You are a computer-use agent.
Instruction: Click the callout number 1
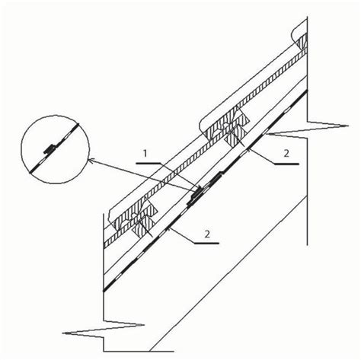click(145, 154)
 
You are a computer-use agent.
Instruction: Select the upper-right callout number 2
click(286, 154)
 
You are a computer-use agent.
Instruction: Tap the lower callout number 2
click(207, 234)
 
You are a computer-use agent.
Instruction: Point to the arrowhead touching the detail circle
click(90, 159)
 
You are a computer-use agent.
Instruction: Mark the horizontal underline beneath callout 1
click(149, 164)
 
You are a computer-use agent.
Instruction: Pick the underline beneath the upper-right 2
click(287, 164)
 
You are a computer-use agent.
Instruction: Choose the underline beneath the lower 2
click(206, 244)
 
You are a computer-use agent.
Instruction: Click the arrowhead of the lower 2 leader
click(168, 228)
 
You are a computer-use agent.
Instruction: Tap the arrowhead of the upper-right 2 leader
click(250, 149)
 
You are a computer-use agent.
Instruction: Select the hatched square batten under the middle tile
click(236, 135)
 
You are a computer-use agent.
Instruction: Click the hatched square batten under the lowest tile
click(143, 227)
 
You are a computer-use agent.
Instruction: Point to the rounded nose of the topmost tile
click(296, 32)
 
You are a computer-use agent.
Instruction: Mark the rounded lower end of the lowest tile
click(112, 215)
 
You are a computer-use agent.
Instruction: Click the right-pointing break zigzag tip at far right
click(348, 126)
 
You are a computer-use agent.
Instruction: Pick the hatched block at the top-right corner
click(303, 41)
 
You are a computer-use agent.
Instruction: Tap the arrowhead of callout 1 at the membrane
click(200, 189)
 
